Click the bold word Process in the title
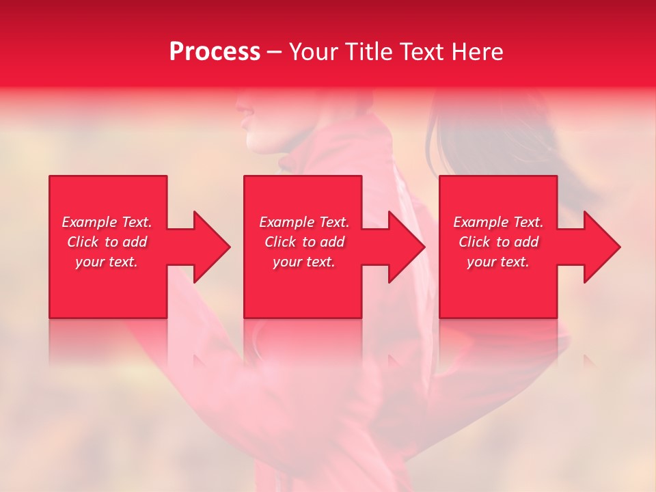point(215,52)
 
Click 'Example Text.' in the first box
point(107,222)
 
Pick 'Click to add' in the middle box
point(304,242)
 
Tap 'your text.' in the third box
point(498,262)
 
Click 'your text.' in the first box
point(107,262)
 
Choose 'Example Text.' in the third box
point(498,222)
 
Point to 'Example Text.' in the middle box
point(304,222)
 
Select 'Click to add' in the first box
point(107,242)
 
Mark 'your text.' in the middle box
point(304,262)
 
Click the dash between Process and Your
point(275,53)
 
